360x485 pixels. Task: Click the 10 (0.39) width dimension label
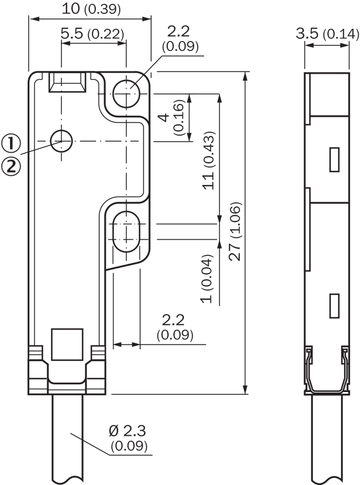tap(90, 9)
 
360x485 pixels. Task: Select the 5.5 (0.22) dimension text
tap(92, 34)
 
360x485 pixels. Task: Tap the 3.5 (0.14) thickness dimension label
tap(327, 34)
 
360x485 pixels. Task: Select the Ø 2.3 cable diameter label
tap(129, 438)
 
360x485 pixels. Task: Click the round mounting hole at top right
tap(127, 92)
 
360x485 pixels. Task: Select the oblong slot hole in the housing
tap(127, 231)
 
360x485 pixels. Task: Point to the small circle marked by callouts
tap(61, 141)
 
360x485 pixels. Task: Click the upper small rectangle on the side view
tap(335, 159)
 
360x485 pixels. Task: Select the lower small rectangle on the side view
tap(335, 306)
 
